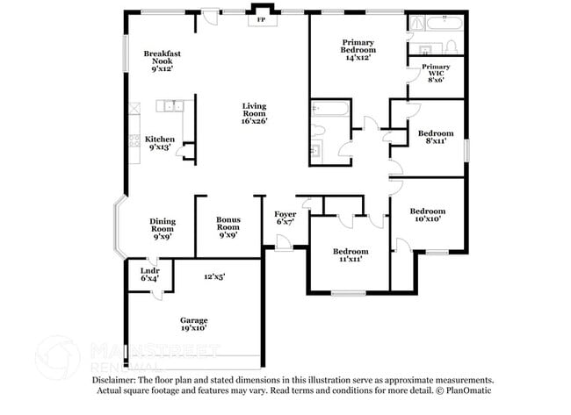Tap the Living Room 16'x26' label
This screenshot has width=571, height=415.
point(254,114)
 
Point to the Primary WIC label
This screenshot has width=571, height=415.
point(435,73)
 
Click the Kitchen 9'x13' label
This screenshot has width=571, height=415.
point(160,143)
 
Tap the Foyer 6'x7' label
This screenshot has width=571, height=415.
point(285,218)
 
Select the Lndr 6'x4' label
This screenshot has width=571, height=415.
point(150,275)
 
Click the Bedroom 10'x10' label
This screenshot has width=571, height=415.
point(428,215)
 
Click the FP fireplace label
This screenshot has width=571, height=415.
point(261,19)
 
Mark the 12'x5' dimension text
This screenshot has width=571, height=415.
point(215,276)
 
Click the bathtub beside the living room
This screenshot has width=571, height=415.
point(329,111)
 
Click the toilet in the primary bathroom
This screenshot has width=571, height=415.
point(450,44)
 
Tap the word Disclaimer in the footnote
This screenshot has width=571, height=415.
point(117,380)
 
